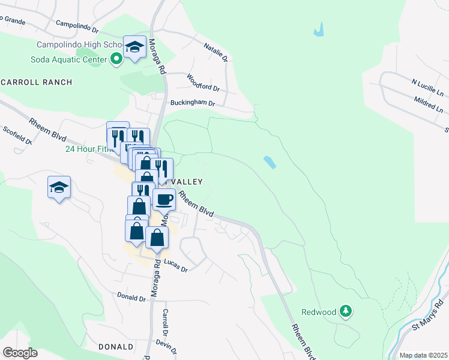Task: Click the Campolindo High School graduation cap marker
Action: pyautogui.click(x=135, y=47)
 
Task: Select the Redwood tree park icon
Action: pyautogui.click(x=345, y=311)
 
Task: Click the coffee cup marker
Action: pyautogui.click(x=164, y=199)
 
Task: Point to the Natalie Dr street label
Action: pyautogui.click(x=216, y=52)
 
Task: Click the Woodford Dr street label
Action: pyautogui.click(x=203, y=83)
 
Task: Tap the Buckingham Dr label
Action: pyautogui.click(x=192, y=103)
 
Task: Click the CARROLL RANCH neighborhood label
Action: pyautogui.click(x=37, y=82)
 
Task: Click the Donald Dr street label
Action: pyautogui.click(x=132, y=296)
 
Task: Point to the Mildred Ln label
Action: pyautogui.click(x=429, y=105)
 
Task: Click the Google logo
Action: pyautogui.click(x=20, y=352)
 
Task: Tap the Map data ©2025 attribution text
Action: pyautogui.click(x=423, y=355)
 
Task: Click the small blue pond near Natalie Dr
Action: pyautogui.click(x=318, y=29)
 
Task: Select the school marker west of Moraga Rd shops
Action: pyautogui.click(x=59, y=188)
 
